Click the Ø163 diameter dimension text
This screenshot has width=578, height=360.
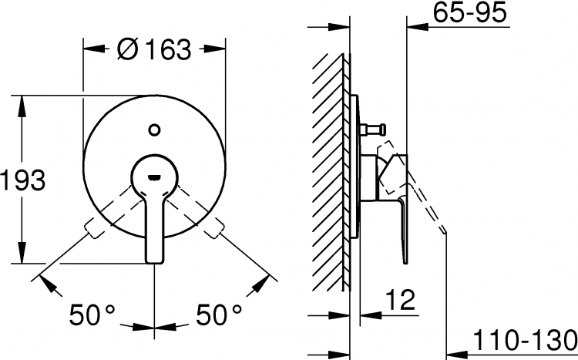tap(154, 49)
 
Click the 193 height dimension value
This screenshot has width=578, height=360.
tap(23, 180)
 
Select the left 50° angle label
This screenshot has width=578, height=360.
tap(92, 315)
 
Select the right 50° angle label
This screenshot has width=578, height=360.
tap(219, 315)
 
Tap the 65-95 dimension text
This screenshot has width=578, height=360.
tap(469, 12)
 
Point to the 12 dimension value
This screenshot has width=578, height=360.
tap(401, 300)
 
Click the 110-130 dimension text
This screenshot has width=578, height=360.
tap(525, 340)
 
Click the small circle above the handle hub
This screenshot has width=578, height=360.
tap(154, 130)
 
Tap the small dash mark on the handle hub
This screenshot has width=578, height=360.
tap(154, 177)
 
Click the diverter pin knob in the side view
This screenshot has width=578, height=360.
tap(373, 129)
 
